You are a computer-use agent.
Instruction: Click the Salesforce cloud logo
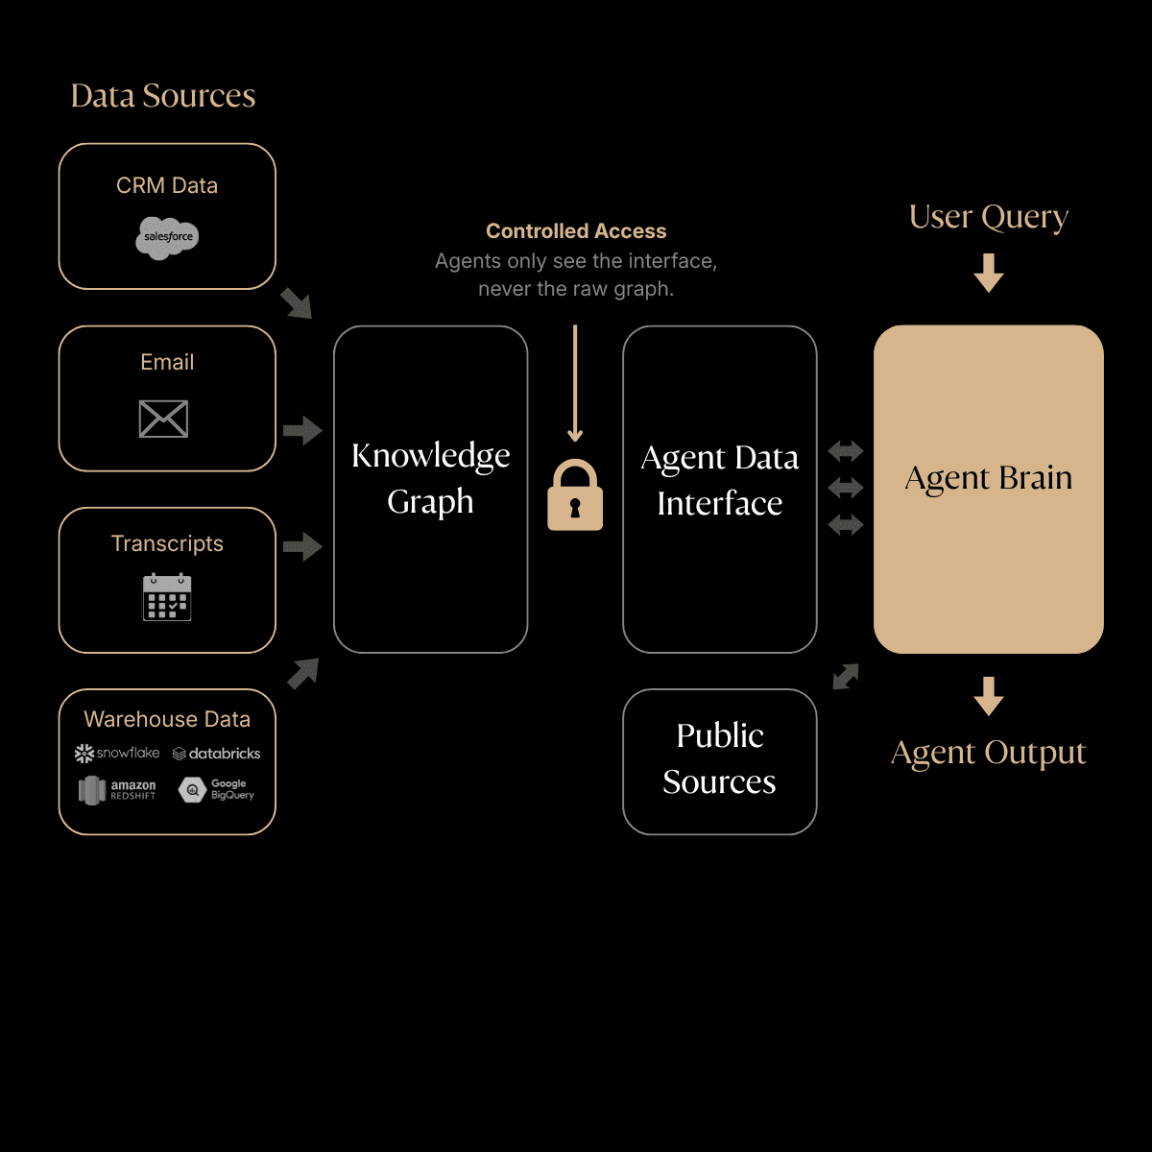167,238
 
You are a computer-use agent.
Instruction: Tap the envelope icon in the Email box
163,419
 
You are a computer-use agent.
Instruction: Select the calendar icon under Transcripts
167,597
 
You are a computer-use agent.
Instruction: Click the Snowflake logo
117,754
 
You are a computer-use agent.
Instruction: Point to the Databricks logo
217,754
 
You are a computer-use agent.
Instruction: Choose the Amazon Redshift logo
117,790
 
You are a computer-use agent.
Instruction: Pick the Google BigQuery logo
217,789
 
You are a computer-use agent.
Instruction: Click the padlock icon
575,495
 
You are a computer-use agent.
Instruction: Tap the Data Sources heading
163,96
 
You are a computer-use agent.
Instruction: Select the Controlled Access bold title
576,231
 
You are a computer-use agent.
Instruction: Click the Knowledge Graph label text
430,478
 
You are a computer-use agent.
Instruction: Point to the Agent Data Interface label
720,480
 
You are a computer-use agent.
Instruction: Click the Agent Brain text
989,478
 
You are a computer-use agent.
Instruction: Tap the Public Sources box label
720,758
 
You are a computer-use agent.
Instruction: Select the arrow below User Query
989,273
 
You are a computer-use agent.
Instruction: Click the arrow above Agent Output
989,696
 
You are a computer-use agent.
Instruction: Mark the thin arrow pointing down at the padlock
575,384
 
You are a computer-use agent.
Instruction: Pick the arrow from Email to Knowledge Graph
302,430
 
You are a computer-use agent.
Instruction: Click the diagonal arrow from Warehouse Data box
303,673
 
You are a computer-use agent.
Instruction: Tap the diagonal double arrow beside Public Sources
846,677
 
